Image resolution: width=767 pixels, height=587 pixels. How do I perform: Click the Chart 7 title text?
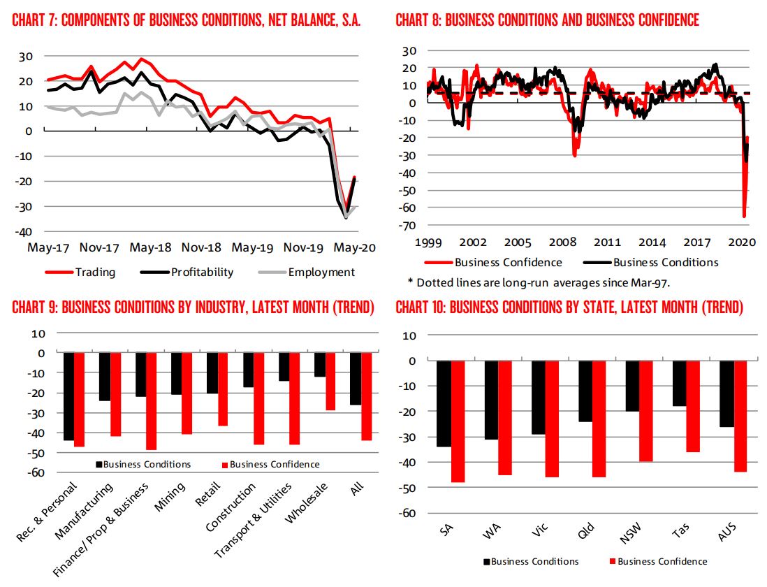point(187,20)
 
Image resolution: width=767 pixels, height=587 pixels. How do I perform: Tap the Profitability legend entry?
point(203,272)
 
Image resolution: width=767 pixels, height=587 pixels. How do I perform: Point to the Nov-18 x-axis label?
point(202,247)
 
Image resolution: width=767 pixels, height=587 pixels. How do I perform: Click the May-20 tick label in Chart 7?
point(353,247)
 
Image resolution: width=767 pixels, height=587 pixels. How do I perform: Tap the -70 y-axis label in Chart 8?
point(407,225)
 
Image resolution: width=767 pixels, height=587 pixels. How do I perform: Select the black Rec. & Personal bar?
point(69,396)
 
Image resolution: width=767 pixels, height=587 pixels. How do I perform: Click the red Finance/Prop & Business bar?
point(151,401)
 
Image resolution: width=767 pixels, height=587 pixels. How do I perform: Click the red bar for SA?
point(458,421)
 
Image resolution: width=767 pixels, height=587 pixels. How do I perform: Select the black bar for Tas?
point(679,384)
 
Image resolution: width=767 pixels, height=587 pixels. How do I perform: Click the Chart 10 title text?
point(569,308)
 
